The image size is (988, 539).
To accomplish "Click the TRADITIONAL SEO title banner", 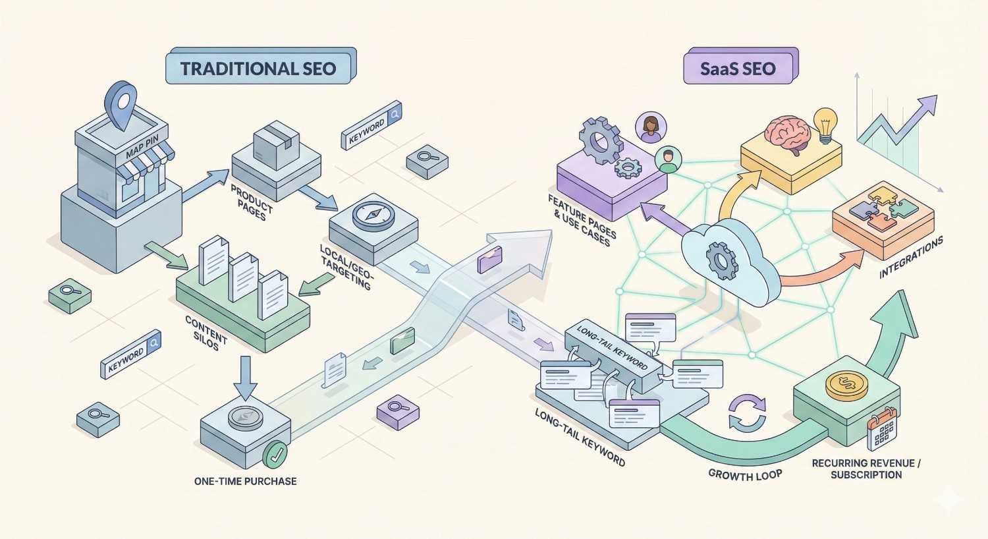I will click(x=258, y=69).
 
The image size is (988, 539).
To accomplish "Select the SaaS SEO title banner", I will click(x=738, y=69).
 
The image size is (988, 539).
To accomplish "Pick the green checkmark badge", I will click(x=275, y=455).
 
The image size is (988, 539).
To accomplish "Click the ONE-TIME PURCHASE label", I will click(x=245, y=481).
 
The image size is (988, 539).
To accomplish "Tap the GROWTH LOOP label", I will click(x=745, y=474).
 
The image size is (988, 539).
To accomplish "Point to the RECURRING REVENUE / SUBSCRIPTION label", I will click(x=865, y=469).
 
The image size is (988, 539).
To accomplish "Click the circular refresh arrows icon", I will click(x=747, y=413).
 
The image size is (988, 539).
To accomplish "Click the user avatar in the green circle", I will click(x=669, y=160).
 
